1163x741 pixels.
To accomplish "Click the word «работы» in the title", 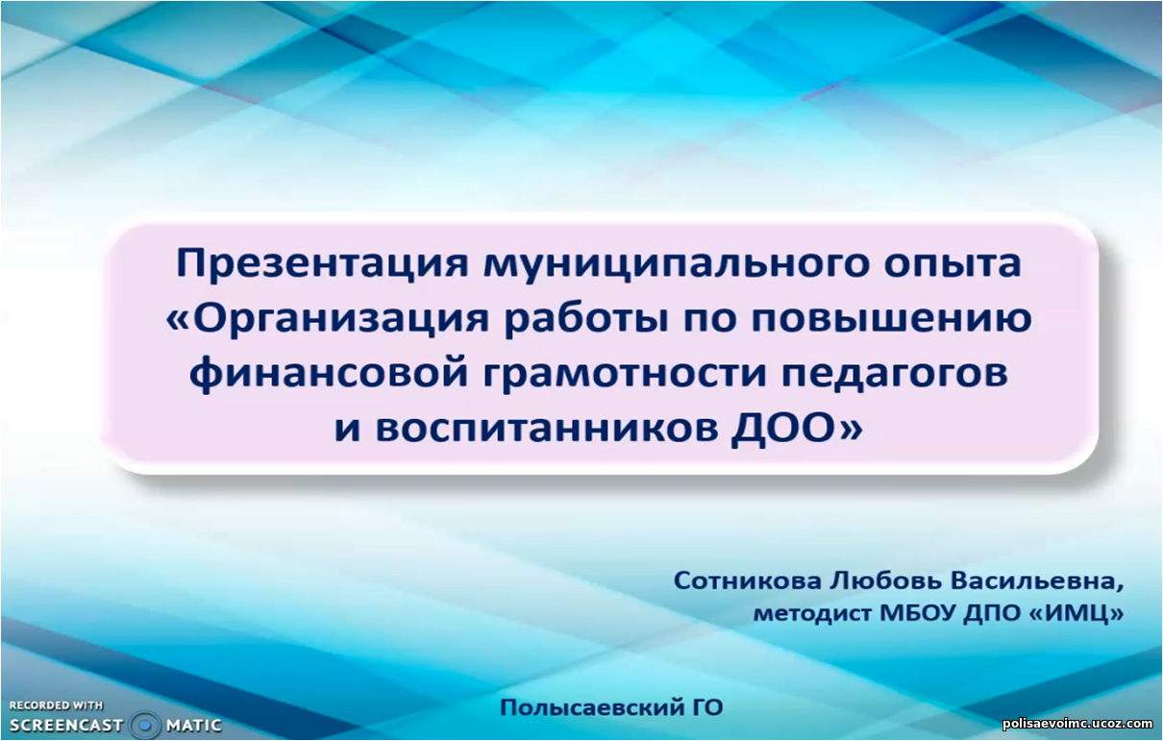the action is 586,318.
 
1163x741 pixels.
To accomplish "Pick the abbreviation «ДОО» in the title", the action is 782,429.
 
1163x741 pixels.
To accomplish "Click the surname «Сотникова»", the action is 748,580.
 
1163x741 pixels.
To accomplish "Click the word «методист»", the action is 812,614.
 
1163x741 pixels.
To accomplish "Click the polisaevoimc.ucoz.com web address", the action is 1077,723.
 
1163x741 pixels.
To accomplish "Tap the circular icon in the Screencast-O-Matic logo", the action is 144,725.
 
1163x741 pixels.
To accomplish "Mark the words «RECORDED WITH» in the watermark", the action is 56,705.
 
